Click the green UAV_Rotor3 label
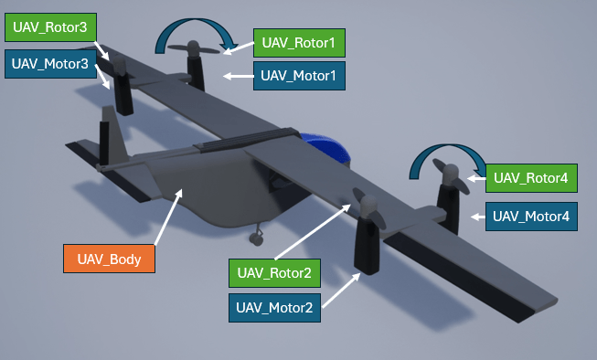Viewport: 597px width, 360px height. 50,27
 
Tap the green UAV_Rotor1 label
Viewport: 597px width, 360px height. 299,42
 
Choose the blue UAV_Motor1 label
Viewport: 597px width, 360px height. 299,76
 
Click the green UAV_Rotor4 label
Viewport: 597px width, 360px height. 531,177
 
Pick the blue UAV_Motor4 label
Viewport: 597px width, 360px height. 531,217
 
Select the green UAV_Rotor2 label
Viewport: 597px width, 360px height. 273,272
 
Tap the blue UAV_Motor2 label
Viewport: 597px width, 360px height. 274,307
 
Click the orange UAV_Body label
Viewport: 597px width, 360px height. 109,259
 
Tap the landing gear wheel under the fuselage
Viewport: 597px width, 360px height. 257,238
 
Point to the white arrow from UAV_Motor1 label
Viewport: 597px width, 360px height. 240,76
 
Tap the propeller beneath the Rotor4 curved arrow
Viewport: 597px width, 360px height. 450,175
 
